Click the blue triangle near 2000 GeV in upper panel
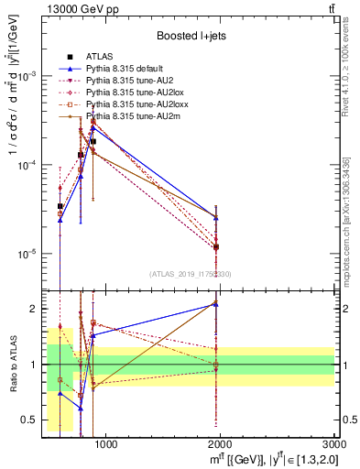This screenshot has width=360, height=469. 216,217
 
